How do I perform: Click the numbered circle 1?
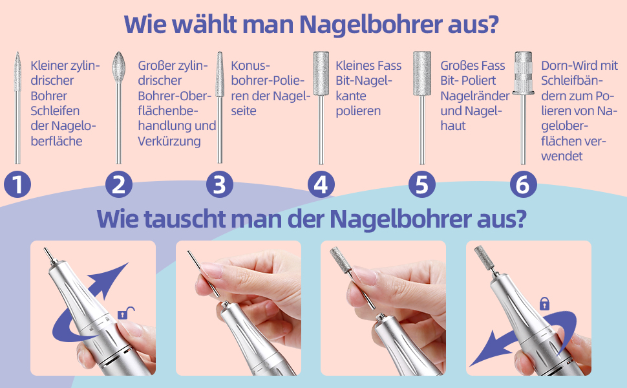tap(17, 184)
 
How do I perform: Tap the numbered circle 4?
tap(321, 184)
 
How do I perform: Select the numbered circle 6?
tap(524, 184)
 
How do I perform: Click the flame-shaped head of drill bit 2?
tap(119, 67)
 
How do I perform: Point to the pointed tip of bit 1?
tap(17, 52)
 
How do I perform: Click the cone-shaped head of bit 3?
tap(220, 74)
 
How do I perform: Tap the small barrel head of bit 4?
tap(321, 73)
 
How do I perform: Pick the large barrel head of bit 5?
tap(422, 74)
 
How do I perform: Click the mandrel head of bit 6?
tap(523, 72)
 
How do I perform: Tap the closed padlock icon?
tap(544, 303)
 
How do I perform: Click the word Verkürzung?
tap(169, 141)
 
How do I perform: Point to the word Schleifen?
tap(55, 111)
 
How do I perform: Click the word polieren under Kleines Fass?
tap(358, 111)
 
